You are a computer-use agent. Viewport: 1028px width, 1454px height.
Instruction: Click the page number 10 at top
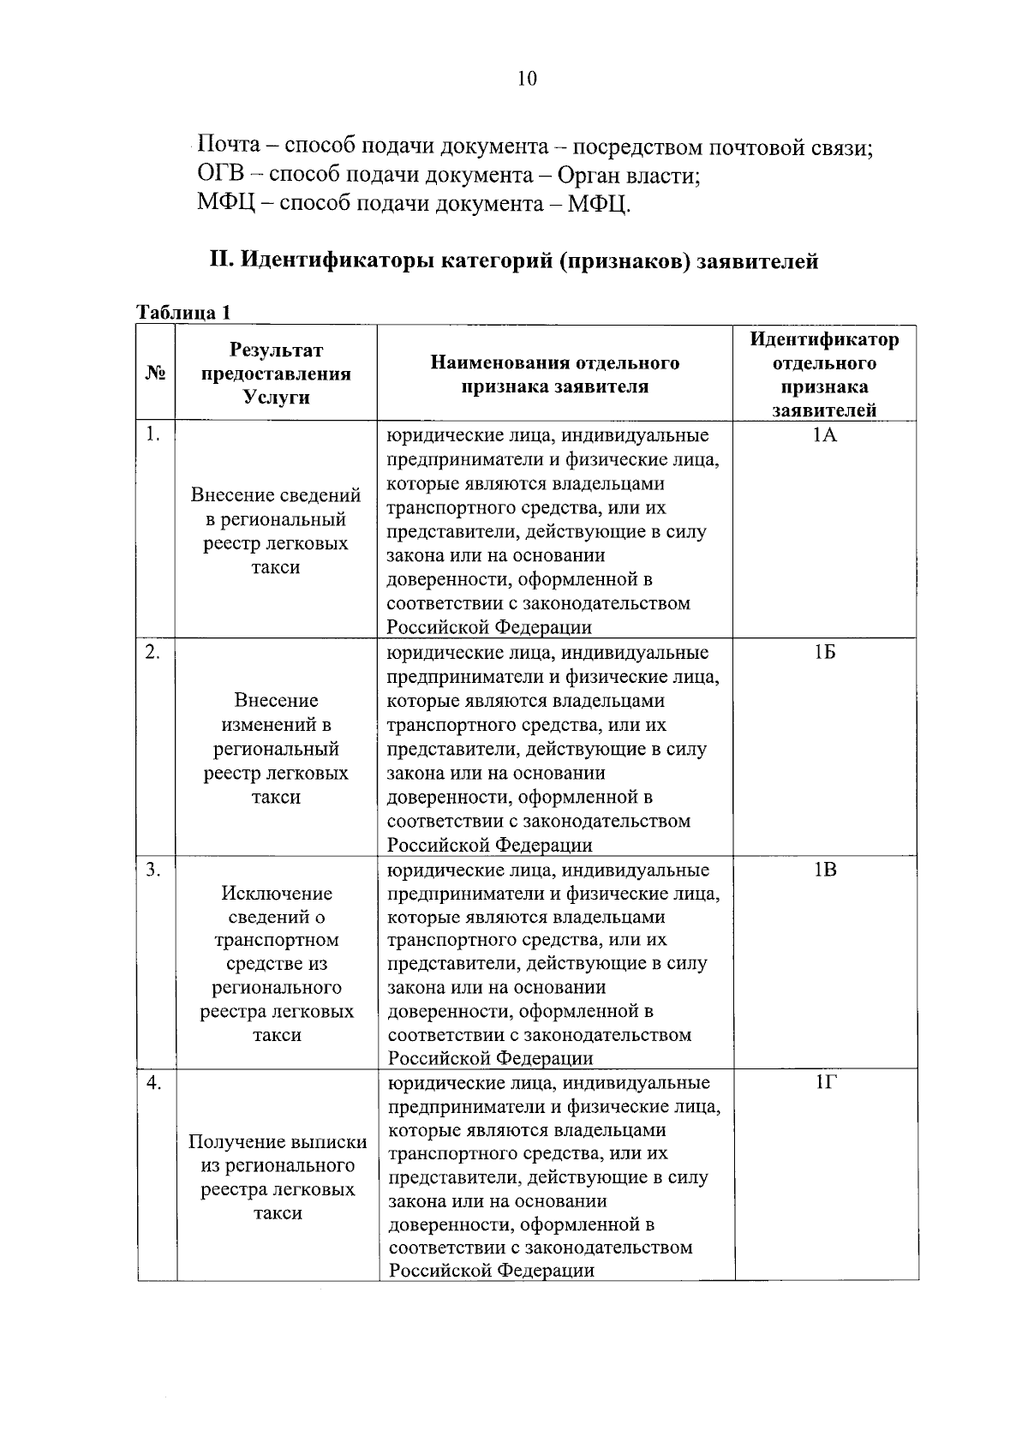(527, 79)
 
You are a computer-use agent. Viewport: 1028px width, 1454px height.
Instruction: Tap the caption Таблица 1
(184, 312)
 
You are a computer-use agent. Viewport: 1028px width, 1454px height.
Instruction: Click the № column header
(155, 374)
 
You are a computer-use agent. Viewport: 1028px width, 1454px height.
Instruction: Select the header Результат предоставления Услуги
(276, 374)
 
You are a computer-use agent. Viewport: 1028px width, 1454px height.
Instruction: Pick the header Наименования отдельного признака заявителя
(554, 374)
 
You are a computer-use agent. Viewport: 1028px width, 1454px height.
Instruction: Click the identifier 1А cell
(824, 435)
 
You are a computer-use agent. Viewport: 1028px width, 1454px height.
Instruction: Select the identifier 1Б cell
(824, 653)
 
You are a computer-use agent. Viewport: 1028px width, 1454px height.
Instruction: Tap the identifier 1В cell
(824, 871)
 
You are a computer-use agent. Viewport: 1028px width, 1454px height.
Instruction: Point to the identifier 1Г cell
(825, 1083)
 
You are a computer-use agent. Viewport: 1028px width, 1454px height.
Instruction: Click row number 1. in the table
(152, 434)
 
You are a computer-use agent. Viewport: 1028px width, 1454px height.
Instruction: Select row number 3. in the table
(152, 870)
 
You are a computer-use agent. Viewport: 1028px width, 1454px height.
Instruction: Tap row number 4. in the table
(153, 1083)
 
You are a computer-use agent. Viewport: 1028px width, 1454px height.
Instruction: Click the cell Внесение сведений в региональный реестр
(276, 530)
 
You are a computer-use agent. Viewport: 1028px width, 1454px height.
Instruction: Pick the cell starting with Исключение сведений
(277, 963)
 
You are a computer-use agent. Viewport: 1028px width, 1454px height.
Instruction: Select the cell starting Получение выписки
(278, 1177)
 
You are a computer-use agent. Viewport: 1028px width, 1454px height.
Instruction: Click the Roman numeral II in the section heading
(220, 260)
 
